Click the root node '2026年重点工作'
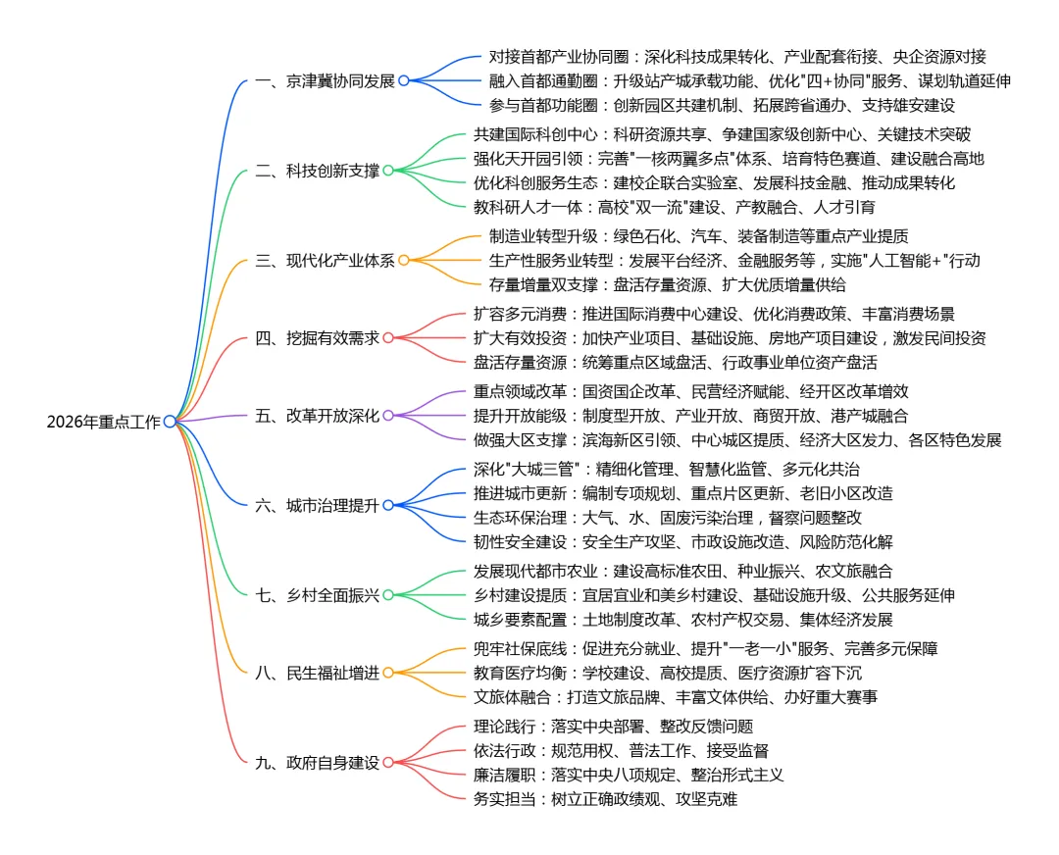point(104,422)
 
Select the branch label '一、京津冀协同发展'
point(325,81)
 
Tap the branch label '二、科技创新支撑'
point(317,171)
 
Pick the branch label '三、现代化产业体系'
point(325,261)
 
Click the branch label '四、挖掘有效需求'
point(317,338)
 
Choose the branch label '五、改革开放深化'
point(317,416)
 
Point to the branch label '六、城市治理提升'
point(317,506)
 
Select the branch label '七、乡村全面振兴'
point(317,595)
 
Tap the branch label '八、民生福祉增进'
point(317,673)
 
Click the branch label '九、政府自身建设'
point(317,763)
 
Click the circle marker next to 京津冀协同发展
point(403,81)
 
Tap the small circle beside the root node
point(170,422)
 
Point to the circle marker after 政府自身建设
point(387,763)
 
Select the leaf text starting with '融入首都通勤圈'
point(749,81)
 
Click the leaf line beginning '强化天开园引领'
point(729,159)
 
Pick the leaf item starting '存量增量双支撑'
point(667,285)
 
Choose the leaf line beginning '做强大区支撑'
point(737,440)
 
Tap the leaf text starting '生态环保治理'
point(668,518)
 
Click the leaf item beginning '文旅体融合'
point(676,697)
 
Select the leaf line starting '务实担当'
point(605,799)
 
